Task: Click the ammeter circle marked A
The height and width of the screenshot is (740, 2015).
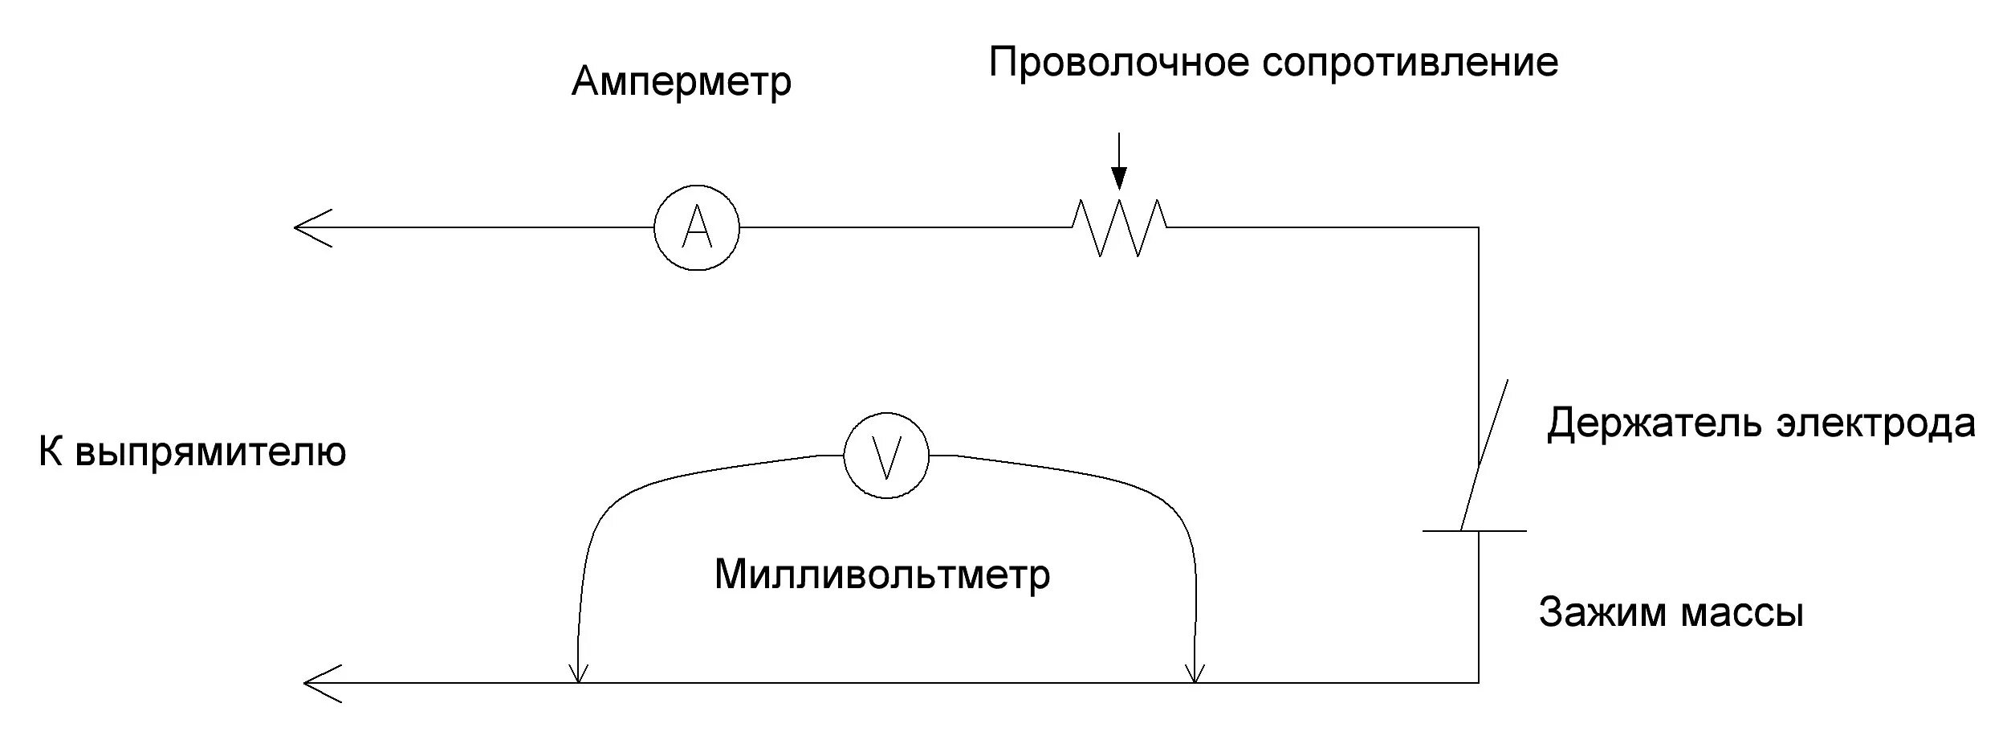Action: [696, 227]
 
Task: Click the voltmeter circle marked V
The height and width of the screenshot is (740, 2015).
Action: [885, 456]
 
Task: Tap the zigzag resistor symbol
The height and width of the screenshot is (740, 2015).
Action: [1119, 227]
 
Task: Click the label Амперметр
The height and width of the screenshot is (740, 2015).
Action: [681, 82]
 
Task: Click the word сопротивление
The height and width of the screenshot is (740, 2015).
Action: [1410, 63]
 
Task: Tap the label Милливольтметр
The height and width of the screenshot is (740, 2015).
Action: [881, 574]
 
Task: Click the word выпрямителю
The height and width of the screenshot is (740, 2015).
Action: [210, 453]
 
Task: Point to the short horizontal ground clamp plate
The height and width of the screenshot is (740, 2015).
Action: [1474, 531]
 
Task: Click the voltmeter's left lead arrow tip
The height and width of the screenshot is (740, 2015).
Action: [578, 680]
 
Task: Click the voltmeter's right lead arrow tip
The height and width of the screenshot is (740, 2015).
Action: [1195, 680]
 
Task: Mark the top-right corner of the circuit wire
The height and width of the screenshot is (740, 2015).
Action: [1478, 228]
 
